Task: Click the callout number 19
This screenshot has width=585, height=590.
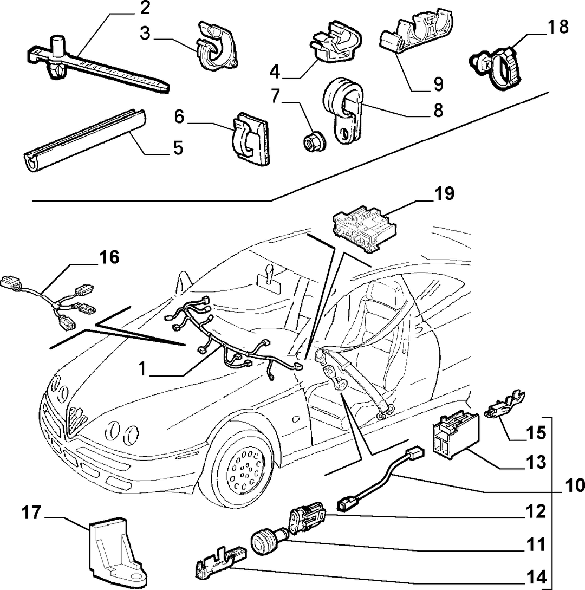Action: click(445, 194)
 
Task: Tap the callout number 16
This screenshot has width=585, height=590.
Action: click(109, 257)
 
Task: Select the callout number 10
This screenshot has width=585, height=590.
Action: click(575, 485)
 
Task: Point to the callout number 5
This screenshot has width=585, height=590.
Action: click(178, 148)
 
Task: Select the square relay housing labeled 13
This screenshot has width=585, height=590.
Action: click(456, 436)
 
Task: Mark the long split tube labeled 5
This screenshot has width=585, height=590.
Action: click(85, 140)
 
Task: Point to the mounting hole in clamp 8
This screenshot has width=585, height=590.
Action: click(344, 133)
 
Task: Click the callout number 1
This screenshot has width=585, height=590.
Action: click(142, 369)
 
